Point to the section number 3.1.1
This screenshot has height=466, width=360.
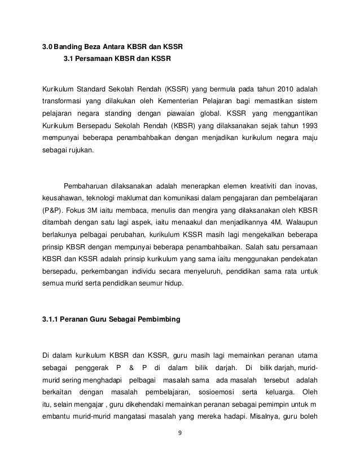52,320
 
